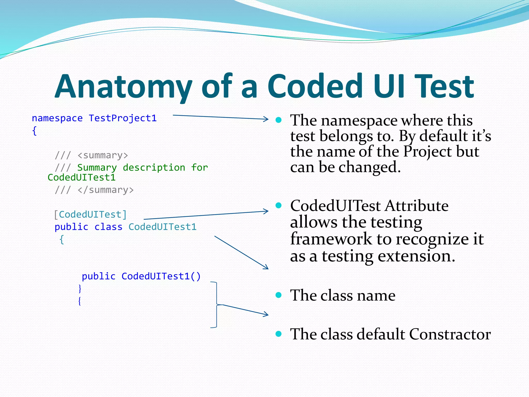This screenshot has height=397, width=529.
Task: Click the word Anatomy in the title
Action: tap(123, 87)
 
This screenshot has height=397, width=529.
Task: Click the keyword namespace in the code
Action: tap(57, 118)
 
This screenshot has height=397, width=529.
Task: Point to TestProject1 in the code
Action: tap(123, 118)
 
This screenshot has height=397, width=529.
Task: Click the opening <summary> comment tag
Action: tap(103, 155)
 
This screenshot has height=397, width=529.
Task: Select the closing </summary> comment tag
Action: tap(106, 190)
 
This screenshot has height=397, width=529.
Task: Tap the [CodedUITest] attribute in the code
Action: tap(90, 215)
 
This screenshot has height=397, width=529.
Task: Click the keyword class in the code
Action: tap(108, 227)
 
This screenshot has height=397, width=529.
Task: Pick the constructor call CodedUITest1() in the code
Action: tap(161, 276)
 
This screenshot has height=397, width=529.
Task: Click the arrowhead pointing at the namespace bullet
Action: tap(266, 119)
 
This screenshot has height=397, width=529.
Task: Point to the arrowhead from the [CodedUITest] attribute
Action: tap(266, 211)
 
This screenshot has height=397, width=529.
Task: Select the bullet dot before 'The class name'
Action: tap(278, 295)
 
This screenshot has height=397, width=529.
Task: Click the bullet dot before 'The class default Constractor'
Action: tap(278, 334)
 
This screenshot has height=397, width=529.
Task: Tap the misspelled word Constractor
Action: tap(450, 334)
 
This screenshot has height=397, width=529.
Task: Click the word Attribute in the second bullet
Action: tap(416, 206)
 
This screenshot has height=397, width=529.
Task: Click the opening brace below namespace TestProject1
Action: tap(34, 131)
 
